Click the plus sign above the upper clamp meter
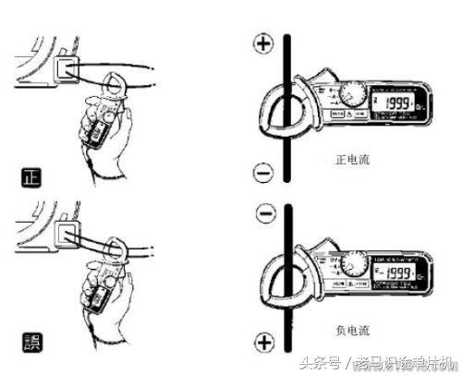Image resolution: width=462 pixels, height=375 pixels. coord(265,43)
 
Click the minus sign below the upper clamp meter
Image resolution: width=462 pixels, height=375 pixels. coord(264,172)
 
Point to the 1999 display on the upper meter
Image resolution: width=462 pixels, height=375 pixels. coord(393,103)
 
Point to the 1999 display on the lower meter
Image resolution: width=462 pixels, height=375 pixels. coord(393,273)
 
